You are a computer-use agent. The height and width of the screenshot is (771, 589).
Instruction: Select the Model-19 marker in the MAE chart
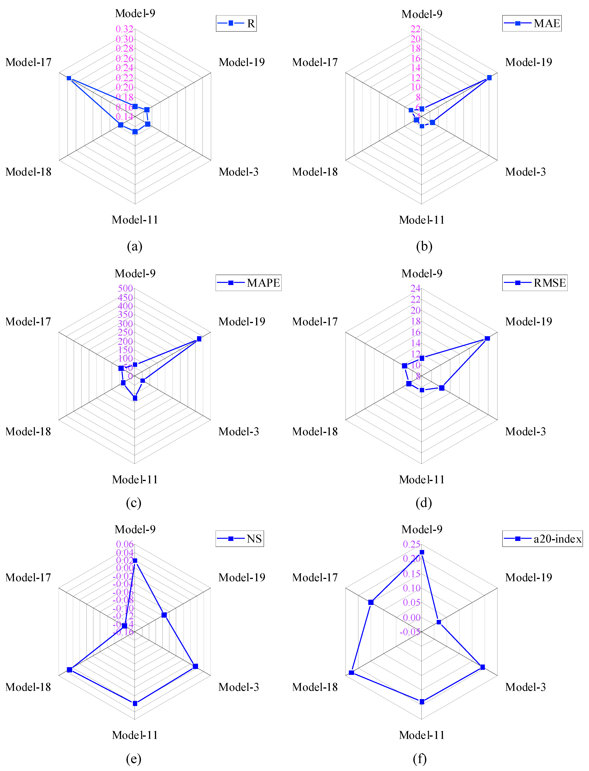tap(489, 78)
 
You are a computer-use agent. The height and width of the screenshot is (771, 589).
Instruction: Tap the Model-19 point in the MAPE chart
tap(199, 339)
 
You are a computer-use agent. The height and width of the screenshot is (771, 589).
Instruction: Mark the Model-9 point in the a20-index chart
tap(422, 552)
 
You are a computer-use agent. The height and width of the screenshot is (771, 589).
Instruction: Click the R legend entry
tap(236, 24)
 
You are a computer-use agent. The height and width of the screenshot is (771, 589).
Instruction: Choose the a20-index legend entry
tap(542, 539)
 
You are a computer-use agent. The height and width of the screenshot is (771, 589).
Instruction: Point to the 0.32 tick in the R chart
tap(125, 29)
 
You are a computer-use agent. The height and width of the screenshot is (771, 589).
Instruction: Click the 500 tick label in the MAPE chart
tap(125, 288)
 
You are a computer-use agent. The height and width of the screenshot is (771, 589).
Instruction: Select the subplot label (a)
tap(135, 246)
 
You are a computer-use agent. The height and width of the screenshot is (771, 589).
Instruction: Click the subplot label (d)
tap(424, 503)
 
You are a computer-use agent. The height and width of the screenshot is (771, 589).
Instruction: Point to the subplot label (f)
tap(420, 759)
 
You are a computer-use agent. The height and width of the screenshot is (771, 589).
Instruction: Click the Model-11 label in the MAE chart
tap(422, 220)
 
